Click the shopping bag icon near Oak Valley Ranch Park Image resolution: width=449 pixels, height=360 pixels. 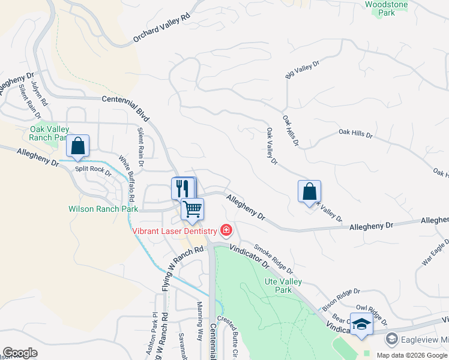coord(78,146)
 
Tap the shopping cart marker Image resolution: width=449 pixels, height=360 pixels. coord(193,209)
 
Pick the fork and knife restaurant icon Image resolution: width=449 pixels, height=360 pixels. coord(183,188)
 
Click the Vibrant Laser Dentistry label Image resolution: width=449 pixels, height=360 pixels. coord(175,231)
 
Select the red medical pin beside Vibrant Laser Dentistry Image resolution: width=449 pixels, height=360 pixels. coord(226,230)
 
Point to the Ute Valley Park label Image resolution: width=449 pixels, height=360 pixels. coord(278,286)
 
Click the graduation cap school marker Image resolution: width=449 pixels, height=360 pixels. coord(361,325)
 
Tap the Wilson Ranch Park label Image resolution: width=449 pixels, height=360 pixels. coord(103,209)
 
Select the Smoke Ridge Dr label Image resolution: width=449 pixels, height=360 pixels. coord(273,257)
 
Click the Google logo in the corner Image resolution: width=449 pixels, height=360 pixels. coord(20,353)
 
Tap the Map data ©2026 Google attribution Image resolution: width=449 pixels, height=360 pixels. coord(412,355)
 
